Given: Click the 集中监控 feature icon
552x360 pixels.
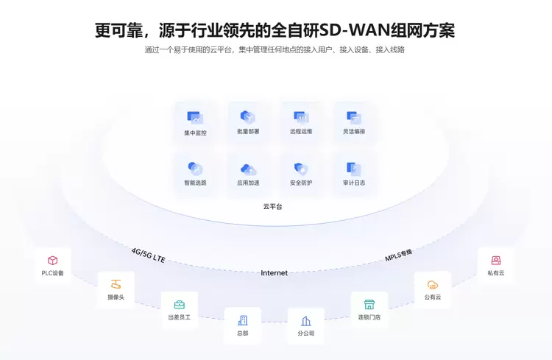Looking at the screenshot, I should pos(195,117).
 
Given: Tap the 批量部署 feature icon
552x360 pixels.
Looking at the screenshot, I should pos(248,116).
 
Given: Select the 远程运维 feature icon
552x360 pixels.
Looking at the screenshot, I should pos(301,116).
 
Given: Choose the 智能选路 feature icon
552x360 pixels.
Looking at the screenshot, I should pos(195,169).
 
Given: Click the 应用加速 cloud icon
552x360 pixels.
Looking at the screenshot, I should pos(248,169).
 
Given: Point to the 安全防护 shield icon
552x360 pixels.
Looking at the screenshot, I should pos(300,169).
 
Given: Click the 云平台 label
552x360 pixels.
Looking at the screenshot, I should pos(272,207).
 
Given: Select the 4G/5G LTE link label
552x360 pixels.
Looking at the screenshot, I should pos(148,255).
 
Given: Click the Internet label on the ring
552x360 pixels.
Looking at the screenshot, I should pos(275,273).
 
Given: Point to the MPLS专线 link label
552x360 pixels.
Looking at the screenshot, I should pos(398,255).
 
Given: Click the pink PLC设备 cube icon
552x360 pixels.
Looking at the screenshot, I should pos(53,261).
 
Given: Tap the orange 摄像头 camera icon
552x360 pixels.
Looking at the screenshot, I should pos(116,284).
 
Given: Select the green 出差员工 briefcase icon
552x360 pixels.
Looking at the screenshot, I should pos(180,304).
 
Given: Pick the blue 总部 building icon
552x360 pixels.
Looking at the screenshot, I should pos(243,320).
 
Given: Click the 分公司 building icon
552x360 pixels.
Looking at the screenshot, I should pos(306,321).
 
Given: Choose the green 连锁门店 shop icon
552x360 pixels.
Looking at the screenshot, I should pos(369,304).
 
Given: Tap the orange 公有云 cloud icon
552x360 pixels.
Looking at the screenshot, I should pos(433,285).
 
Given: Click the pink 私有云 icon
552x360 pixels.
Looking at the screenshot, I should pos(496,261).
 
